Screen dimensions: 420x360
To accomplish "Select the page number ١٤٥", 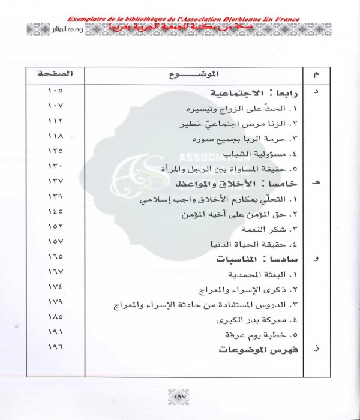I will click(x=55, y=211).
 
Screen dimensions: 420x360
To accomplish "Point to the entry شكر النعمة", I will click(x=271, y=229).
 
